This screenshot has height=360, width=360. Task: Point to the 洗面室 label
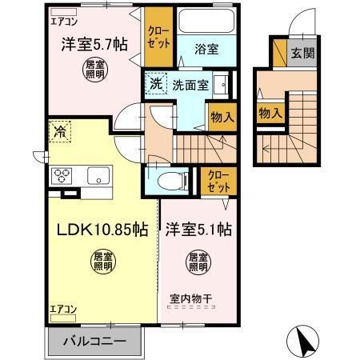(x=187, y=82)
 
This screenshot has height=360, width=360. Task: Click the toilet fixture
(x=168, y=178)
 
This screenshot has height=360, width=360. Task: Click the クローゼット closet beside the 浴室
(x=157, y=36)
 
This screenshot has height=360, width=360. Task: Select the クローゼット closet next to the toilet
(x=215, y=179)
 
